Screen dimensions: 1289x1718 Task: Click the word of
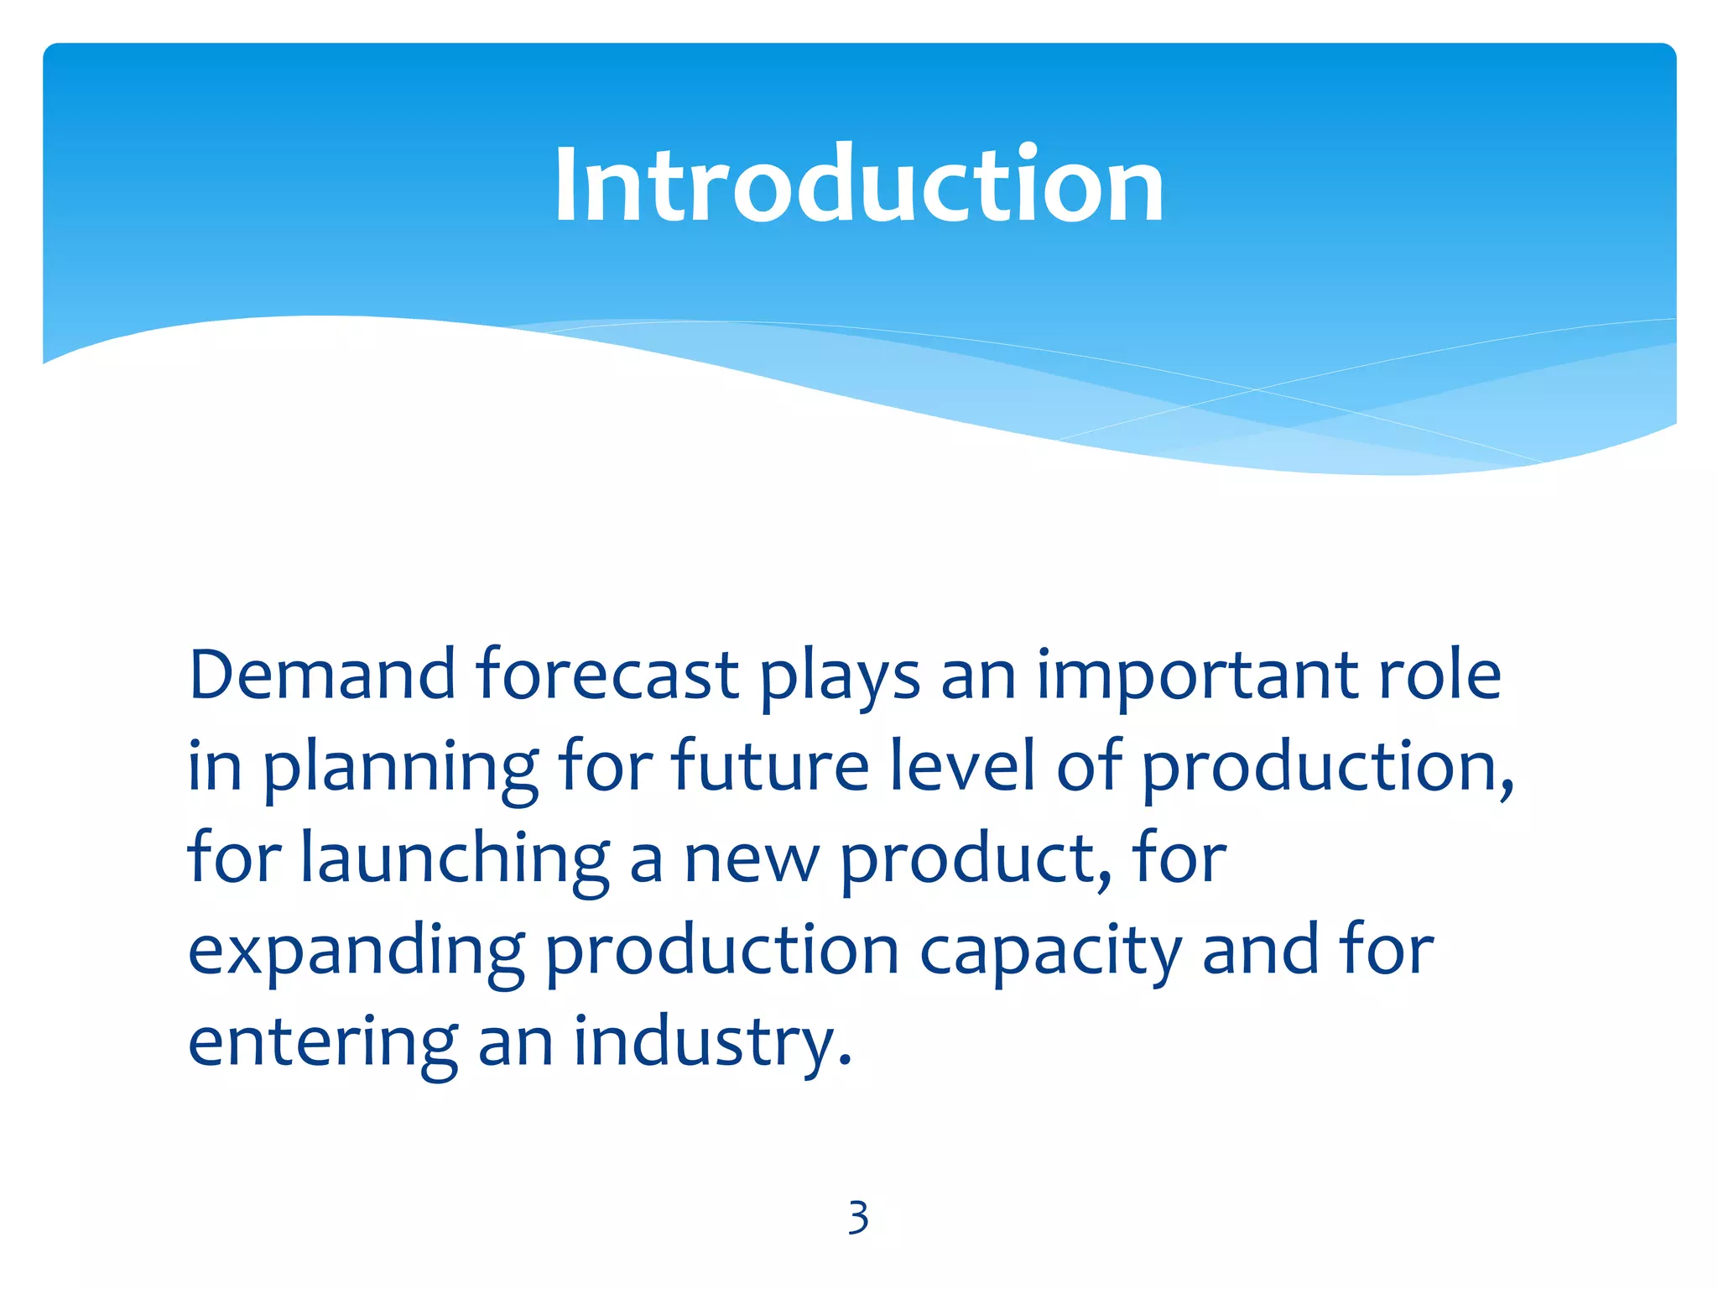pos(1088,765)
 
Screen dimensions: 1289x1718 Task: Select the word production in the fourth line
pos(722,952)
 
